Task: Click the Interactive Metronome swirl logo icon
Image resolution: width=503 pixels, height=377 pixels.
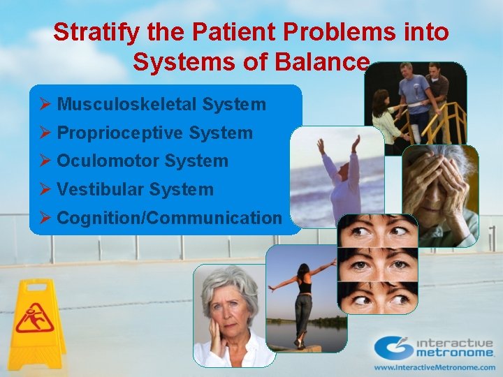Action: (393, 348)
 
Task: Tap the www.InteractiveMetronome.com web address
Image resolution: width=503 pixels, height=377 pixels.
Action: (433, 367)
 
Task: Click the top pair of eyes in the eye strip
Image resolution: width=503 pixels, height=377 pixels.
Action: (377, 230)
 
